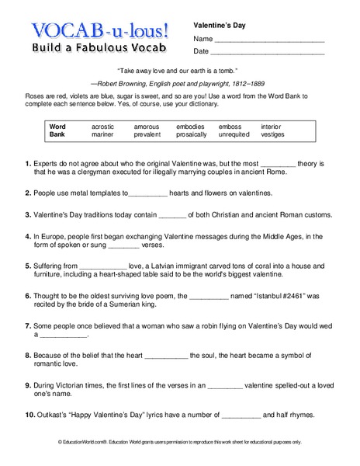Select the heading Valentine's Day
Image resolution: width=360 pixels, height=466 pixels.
point(220,25)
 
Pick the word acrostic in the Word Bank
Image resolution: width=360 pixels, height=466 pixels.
point(102,126)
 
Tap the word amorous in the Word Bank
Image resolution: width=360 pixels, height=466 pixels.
point(146,126)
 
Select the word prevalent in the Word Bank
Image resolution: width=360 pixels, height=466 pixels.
point(147,134)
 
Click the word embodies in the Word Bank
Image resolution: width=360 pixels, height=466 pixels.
point(190,126)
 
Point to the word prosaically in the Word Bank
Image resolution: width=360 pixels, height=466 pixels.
point(192,134)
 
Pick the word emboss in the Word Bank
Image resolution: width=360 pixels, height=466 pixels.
point(230,126)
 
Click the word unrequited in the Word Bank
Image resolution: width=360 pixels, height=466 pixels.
point(234,134)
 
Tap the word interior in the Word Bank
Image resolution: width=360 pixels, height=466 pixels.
point(271,126)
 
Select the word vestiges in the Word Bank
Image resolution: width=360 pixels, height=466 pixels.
point(272,134)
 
